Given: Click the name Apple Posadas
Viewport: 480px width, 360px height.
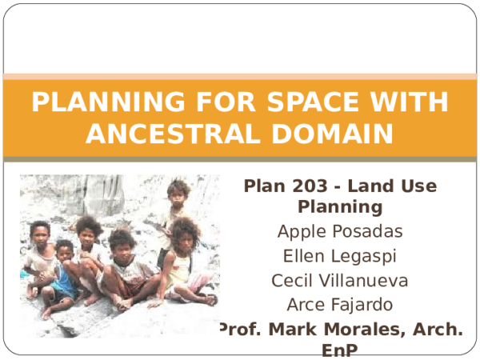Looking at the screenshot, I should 340,233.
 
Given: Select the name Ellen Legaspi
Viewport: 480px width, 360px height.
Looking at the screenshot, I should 340,257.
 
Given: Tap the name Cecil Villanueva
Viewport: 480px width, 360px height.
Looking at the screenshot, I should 340,281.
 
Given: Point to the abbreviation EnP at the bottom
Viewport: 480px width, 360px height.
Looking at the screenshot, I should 340,350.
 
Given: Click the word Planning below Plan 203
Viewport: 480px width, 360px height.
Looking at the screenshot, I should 340,208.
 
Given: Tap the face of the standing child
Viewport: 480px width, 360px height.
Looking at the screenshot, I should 178,192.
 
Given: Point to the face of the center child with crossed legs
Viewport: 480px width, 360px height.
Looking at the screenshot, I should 122,244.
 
